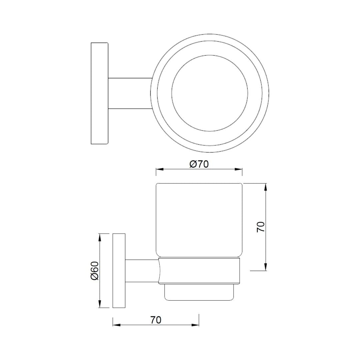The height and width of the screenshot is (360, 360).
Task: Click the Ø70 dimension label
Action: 199,164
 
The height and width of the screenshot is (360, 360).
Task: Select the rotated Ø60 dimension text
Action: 95,271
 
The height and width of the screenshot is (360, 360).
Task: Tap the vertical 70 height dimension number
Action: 261,227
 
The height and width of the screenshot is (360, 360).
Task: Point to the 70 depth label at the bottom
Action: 156,320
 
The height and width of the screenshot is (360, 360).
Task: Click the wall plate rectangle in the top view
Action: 99,93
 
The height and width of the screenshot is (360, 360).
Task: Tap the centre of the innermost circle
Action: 210,93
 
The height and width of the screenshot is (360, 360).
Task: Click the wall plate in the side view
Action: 119,271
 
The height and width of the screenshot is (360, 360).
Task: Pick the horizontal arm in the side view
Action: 142,271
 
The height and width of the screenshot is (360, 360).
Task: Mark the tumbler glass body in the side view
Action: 199,220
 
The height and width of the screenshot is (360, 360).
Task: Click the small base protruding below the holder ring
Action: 199,292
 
